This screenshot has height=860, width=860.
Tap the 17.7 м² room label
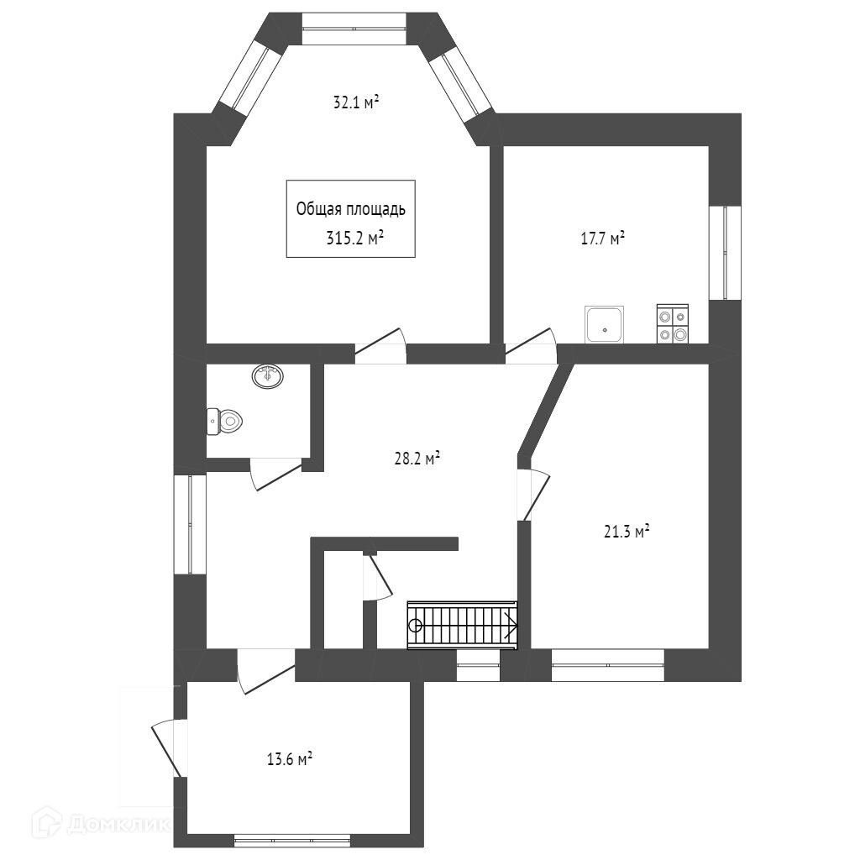[603, 239]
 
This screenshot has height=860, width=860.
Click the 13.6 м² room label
[290, 759]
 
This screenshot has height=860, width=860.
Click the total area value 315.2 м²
[354, 238]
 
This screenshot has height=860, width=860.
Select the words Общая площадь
[351, 209]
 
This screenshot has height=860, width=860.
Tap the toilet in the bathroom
[224, 421]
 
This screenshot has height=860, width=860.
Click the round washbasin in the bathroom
[268, 376]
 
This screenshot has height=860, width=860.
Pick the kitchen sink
[605, 324]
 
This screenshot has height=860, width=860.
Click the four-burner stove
[672, 324]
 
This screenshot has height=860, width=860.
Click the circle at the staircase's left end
[415, 625]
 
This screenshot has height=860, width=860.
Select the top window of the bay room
[354, 29]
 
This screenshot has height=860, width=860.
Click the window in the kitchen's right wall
[725, 252]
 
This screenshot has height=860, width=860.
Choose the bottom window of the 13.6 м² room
[291, 839]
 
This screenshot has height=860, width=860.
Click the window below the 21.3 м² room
[607, 665]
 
